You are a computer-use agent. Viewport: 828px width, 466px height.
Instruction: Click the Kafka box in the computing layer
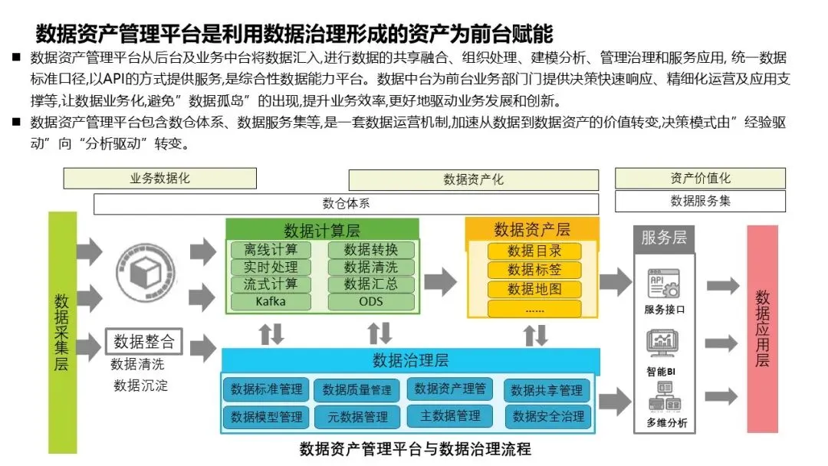pyautogui.click(x=271, y=301)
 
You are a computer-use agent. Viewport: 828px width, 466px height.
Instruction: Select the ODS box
pyautogui.click(x=371, y=301)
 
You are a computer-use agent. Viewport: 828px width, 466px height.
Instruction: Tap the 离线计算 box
pyautogui.click(x=271, y=250)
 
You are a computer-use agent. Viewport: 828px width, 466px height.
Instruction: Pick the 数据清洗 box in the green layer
pyautogui.click(x=371, y=267)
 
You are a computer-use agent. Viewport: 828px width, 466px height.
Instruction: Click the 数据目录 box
pyautogui.click(x=534, y=251)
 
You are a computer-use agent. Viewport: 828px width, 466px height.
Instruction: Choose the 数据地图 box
pyautogui.click(x=534, y=290)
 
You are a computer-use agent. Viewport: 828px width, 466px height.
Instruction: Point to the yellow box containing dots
pyautogui.click(x=534, y=309)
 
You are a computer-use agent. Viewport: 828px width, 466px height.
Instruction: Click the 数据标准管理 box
pyautogui.click(x=267, y=389)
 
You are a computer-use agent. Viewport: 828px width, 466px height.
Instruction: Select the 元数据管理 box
pyautogui.click(x=357, y=417)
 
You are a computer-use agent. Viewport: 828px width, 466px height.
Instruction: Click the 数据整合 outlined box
pyautogui.click(x=144, y=341)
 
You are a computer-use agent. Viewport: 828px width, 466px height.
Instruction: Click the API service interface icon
pyautogui.click(x=664, y=284)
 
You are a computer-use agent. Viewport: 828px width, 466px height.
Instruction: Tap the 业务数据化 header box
pyautogui.click(x=159, y=179)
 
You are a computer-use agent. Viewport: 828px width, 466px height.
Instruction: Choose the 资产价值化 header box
pyautogui.click(x=700, y=179)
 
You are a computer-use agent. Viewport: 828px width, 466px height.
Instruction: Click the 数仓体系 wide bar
pyautogui.click(x=346, y=204)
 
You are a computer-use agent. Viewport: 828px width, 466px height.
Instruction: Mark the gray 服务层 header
pyautogui.click(x=664, y=237)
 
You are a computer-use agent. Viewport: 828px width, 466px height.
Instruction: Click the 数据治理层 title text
pyautogui.click(x=410, y=360)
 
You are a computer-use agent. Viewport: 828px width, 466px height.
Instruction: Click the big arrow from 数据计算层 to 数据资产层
pyautogui.click(x=440, y=281)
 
